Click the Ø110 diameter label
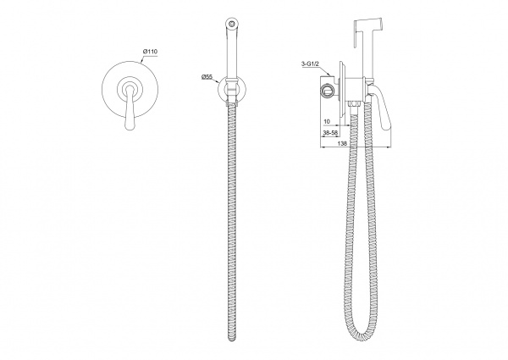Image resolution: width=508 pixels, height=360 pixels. tap(150, 52)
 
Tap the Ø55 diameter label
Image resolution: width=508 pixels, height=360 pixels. tap(207, 77)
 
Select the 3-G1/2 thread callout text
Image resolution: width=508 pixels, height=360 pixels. tap(310, 64)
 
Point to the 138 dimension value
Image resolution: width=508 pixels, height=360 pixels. tap(342, 143)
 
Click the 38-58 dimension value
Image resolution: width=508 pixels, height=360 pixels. tap(329, 132)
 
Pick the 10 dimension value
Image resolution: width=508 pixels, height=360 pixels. tap(327, 121)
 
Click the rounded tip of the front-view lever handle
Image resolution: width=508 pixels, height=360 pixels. tap(130, 126)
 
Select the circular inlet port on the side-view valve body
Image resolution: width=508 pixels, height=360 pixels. tap(326, 91)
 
